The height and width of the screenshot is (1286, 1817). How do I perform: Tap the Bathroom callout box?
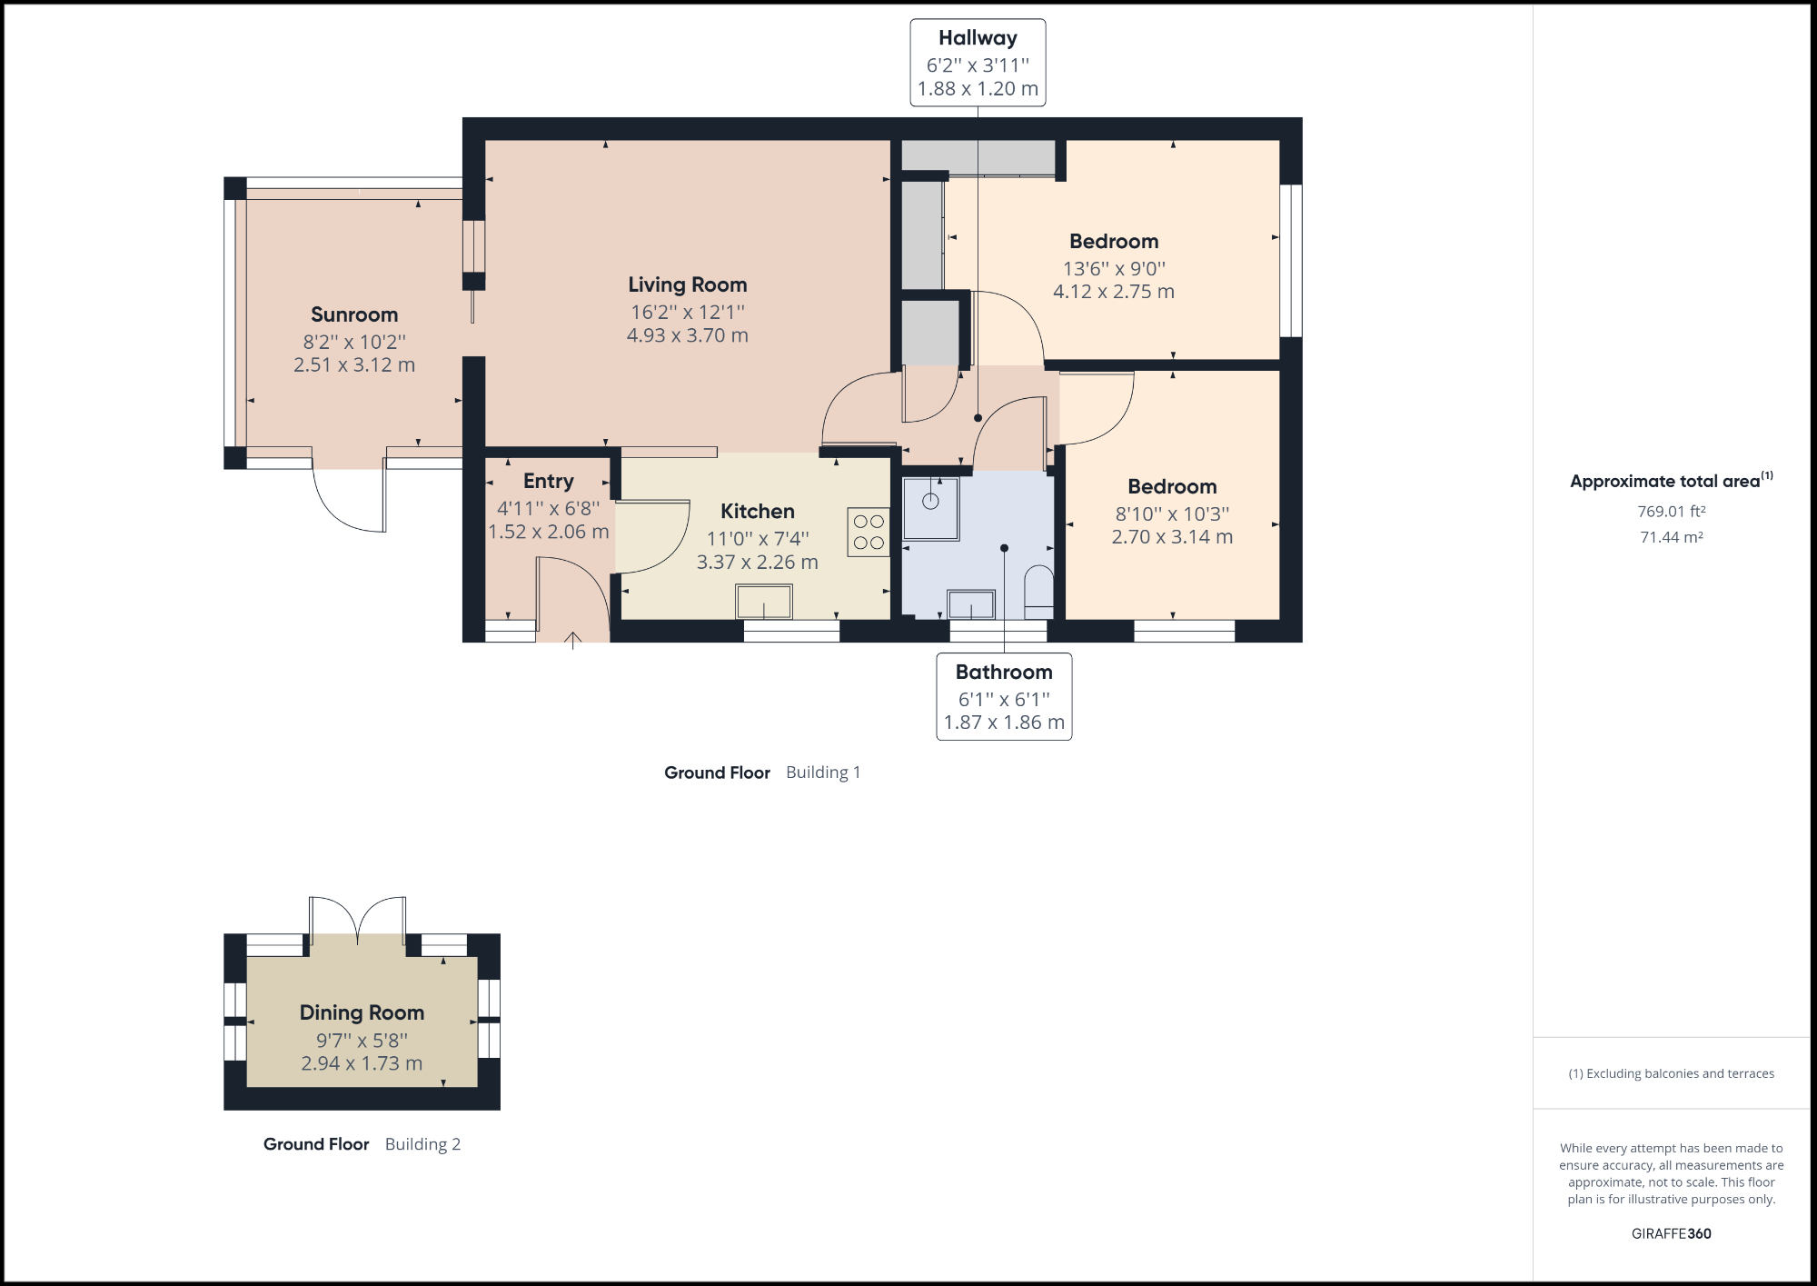[1004, 697]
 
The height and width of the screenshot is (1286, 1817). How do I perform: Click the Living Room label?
[687, 284]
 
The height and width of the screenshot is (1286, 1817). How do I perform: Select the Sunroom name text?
[354, 314]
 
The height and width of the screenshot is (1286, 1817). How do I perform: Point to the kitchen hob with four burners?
[869, 532]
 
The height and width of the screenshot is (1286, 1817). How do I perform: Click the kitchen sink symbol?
[763, 602]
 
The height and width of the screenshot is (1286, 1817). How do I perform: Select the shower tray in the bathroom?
[930, 509]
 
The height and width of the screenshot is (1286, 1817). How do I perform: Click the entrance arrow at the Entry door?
[573, 640]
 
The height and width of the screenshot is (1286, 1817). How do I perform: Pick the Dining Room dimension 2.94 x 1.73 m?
[362, 1063]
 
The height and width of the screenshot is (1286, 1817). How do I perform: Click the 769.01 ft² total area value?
[1671, 512]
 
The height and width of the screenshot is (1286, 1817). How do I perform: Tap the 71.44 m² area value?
[1671, 537]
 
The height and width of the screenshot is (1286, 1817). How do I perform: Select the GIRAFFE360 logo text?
[1671, 1233]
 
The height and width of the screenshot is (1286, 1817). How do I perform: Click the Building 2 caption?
[422, 1144]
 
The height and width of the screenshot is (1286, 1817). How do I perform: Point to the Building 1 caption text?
[822, 773]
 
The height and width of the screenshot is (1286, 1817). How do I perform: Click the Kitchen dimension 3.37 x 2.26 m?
[757, 563]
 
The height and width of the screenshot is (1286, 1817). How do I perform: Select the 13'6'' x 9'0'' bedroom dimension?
[1114, 269]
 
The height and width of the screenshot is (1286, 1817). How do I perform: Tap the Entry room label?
[548, 481]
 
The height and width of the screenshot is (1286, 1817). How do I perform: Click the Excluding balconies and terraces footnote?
[1671, 1073]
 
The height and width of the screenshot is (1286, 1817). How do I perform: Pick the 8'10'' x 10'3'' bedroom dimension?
[1172, 513]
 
